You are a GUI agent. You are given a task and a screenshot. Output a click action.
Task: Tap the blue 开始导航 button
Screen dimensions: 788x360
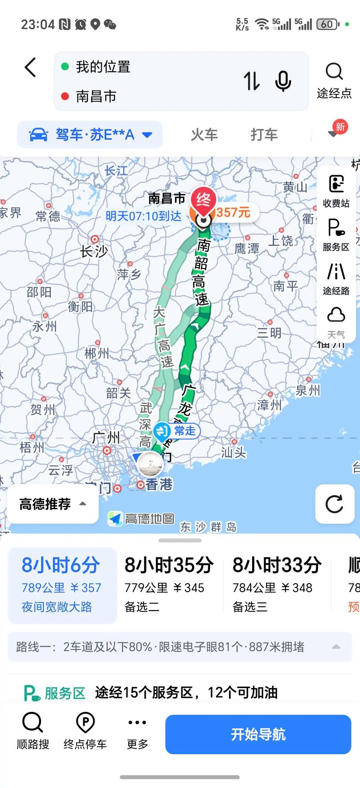pyautogui.click(x=258, y=734)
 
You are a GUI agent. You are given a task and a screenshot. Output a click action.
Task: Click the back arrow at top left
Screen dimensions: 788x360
pyautogui.click(x=30, y=68)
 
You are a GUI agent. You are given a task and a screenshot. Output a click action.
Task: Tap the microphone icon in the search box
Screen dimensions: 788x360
pyautogui.click(x=283, y=81)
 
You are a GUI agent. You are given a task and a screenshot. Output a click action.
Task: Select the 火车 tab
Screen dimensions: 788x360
pyautogui.click(x=204, y=134)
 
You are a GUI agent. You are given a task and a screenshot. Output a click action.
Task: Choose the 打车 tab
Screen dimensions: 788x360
pyautogui.click(x=264, y=134)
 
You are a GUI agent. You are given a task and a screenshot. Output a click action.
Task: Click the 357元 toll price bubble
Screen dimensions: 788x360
pyautogui.click(x=233, y=212)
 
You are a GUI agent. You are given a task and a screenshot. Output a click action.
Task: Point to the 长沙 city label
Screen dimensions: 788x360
pyautogui.click(x=94, y=250)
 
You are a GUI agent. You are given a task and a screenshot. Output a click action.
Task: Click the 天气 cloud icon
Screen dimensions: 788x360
pyautogui.click(x=336, y=315)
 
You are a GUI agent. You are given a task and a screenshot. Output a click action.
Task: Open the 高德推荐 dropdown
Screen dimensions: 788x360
pyautogui.click(x=53, y=504)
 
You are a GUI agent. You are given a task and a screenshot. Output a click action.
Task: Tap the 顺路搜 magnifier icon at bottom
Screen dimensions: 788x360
pyautogui.click(x=32, y=722)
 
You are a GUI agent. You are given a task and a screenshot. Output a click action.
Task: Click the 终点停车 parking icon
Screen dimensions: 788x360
pyautogui.click(x=85, y=722)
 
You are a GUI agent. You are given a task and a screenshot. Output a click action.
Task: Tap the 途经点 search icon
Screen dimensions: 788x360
pyautogui.click(x=334, y=72)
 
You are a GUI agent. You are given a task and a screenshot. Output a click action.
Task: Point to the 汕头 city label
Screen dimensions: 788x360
pyautogui.click(x=234, y=452)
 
